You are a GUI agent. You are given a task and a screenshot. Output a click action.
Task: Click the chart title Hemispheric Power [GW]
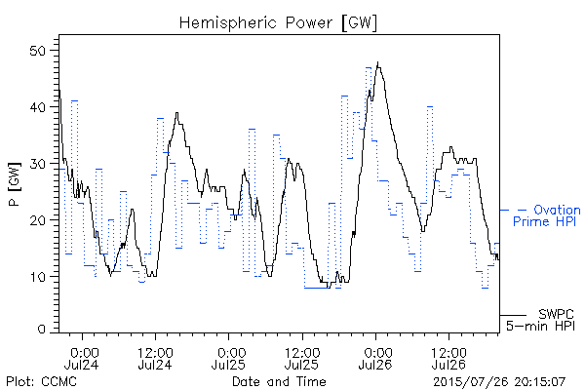[x=278, y=23]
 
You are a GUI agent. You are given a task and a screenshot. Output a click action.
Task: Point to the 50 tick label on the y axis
[x=38, y=51]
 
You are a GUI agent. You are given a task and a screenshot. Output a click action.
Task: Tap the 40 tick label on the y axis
[x=38, y=107]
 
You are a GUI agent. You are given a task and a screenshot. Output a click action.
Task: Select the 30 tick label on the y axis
[x=38, y=164]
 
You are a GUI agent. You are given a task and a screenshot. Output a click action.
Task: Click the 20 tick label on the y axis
[x=38, y=220]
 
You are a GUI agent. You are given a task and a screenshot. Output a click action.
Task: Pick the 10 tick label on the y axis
[x=38, y=277]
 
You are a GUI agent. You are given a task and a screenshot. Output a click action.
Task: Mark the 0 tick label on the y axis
[x=42, y=330]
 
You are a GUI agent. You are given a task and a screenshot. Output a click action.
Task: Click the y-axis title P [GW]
[x=15, y=184]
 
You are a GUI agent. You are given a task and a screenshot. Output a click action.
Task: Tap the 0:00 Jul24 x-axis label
[x=82, y=358]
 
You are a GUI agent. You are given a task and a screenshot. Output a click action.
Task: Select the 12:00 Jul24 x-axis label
[x=155, y=358]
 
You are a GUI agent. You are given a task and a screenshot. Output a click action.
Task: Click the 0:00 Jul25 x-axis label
[x=229, y=358]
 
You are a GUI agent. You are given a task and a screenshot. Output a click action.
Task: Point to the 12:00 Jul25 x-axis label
[x=302, y=358]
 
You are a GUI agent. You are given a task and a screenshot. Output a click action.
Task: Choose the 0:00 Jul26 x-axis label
[x=375, y=358]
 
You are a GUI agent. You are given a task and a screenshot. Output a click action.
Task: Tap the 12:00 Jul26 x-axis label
[x=448, y=358]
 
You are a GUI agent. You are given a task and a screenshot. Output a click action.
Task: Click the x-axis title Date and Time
[x=279, y=381]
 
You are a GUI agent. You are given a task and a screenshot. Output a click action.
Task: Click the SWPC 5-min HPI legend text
[x=540, y=320]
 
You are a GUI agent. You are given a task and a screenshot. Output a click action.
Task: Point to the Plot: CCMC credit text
[x=41, y=381]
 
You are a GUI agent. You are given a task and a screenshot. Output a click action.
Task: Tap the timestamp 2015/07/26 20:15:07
[x=499, y=382]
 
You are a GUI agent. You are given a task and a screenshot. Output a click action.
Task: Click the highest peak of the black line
[x=378, y=62]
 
